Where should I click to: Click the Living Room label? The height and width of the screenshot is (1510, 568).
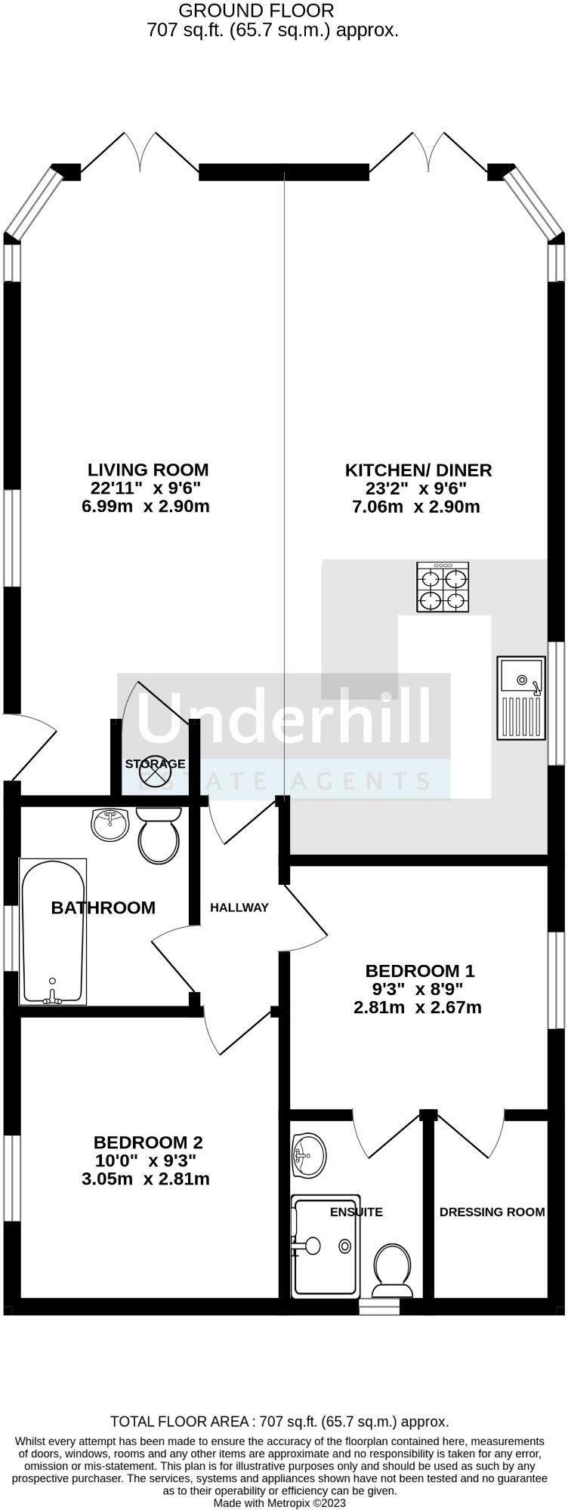point(148,470)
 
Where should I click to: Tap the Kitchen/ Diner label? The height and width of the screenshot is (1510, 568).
point(418,470)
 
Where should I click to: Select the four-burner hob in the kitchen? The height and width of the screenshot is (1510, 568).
point(443,586)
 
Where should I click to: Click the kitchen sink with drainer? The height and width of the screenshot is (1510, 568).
point(520,697)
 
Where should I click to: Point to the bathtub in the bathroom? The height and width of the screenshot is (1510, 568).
point(53,932)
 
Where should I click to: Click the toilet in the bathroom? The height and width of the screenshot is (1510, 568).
point(159,835)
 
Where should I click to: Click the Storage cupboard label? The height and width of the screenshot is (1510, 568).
point(155,764)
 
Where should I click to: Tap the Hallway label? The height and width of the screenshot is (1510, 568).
point(239,908)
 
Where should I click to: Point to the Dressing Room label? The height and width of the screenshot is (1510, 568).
point(492,1212)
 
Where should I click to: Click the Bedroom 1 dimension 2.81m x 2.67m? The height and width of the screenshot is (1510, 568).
point(417,1007)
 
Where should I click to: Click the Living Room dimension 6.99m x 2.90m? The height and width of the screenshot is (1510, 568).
point(145,506)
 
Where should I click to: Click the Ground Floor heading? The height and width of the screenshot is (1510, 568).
point(256,11)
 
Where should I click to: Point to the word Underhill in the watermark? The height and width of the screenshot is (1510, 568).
point(283,715)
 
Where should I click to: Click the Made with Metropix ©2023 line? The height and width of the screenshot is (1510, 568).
point(280,1502)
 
